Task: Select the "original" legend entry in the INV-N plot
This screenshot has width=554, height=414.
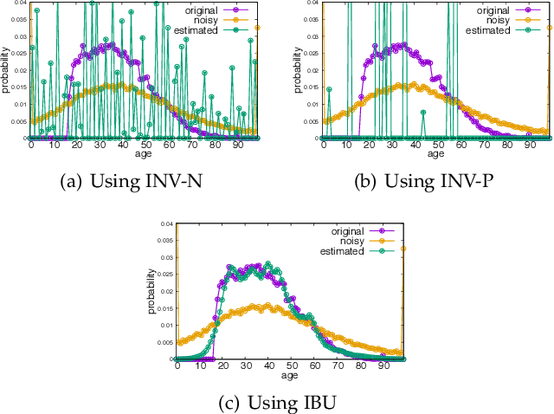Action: [201, 7]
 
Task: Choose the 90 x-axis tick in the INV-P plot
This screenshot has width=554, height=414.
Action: [529, 146]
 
